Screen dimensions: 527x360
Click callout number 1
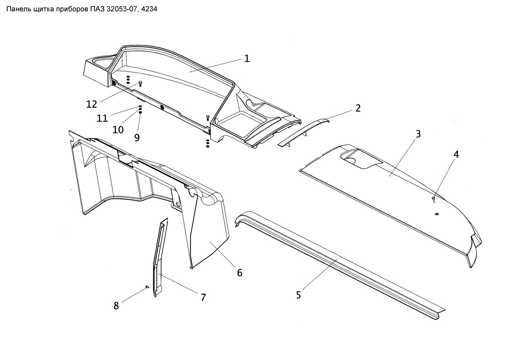247,59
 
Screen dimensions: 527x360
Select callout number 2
358,109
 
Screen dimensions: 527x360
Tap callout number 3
418,134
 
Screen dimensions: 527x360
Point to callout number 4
456,155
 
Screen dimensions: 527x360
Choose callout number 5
298,295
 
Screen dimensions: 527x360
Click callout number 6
240,273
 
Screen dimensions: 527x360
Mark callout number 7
203,298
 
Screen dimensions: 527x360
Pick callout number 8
116,306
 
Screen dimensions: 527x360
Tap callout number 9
137,138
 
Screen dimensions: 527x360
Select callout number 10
118,130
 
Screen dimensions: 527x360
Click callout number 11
102,119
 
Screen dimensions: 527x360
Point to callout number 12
91,104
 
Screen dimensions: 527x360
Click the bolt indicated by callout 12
141,83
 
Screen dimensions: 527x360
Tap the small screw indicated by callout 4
433,200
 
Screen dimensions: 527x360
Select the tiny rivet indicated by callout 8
147,286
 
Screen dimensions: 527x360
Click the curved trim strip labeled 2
304,132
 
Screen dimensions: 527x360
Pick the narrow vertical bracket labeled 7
160,257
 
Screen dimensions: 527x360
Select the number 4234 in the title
149,9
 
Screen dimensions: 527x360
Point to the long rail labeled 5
340,265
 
